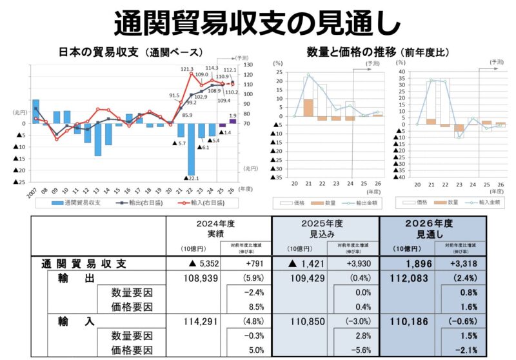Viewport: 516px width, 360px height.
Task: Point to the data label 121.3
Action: click(x=187, y=68)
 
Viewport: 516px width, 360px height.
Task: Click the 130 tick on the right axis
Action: click(x=249, y=65)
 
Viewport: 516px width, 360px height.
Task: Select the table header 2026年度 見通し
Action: click(x=431, y=228)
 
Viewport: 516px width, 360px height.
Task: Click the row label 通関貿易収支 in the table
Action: click(x=84, y=263)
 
